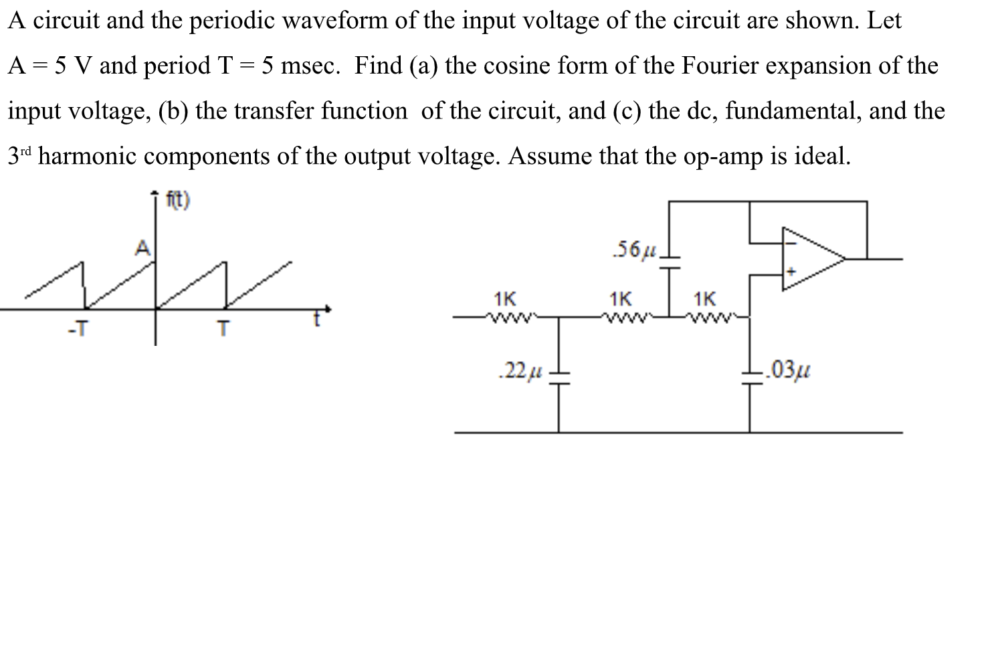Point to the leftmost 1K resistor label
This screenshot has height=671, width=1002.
point(504,298)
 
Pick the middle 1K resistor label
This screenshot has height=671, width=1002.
point(620,298)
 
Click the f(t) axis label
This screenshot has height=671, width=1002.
point(178,200)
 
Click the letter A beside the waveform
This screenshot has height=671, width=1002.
point(142,249)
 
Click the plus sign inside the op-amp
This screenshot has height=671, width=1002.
point(791,273)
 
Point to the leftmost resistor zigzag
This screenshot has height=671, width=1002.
point(506,318)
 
